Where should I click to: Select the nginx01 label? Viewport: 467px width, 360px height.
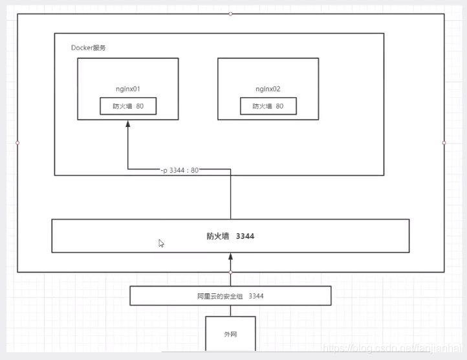pyautogui.click(x=128, y=89)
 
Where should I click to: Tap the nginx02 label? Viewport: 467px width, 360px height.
pyautogui.click(x=268, y=89)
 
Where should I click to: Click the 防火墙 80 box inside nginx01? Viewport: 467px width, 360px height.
pyautogui.click(x=128, y=106)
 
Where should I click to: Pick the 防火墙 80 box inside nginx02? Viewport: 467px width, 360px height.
pyautogui.click(x=268, y=106)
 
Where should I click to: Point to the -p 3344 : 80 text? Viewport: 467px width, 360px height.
pyautogui.click(x=180, y=170)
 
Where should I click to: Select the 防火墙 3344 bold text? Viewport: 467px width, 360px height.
pyautogui.click(x=230, y=236)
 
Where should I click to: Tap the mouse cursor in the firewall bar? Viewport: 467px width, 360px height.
pyautogui.click(x=161, y=243)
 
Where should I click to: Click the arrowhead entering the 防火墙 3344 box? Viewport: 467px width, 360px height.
pyautogui.click(x=230, y=256)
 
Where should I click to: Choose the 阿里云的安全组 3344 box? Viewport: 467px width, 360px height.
pyautogui.click(x=230, y=296)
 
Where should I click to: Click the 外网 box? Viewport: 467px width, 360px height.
pyautogui.click(x=230, y=334)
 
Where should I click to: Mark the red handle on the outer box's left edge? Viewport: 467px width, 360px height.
pyautogui.click(x=17, y=142)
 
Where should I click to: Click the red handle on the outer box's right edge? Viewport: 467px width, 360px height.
pyautogui.click(x=444, y=142)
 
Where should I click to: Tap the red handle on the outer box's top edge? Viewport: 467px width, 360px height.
pyautogui.click(x=231, y=13)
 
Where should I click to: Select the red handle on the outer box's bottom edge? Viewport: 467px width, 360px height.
pyautogui.click(x=231, y=273)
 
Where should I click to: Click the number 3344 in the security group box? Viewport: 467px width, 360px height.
pyautogui.click(x=255, y=296)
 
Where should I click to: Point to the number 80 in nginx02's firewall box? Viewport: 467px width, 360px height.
pyautogui.click(x=279, y=106)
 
